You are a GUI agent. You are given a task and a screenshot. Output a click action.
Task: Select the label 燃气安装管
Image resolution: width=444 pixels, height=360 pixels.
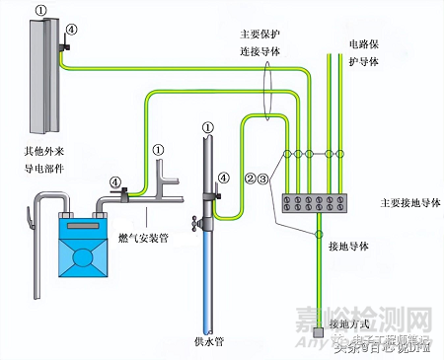click(144, 236)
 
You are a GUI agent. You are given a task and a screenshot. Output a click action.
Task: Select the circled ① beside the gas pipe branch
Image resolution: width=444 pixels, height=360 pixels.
click(158, 149)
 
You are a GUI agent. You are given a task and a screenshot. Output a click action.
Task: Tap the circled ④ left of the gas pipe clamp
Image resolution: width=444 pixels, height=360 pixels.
click(115, 181)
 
